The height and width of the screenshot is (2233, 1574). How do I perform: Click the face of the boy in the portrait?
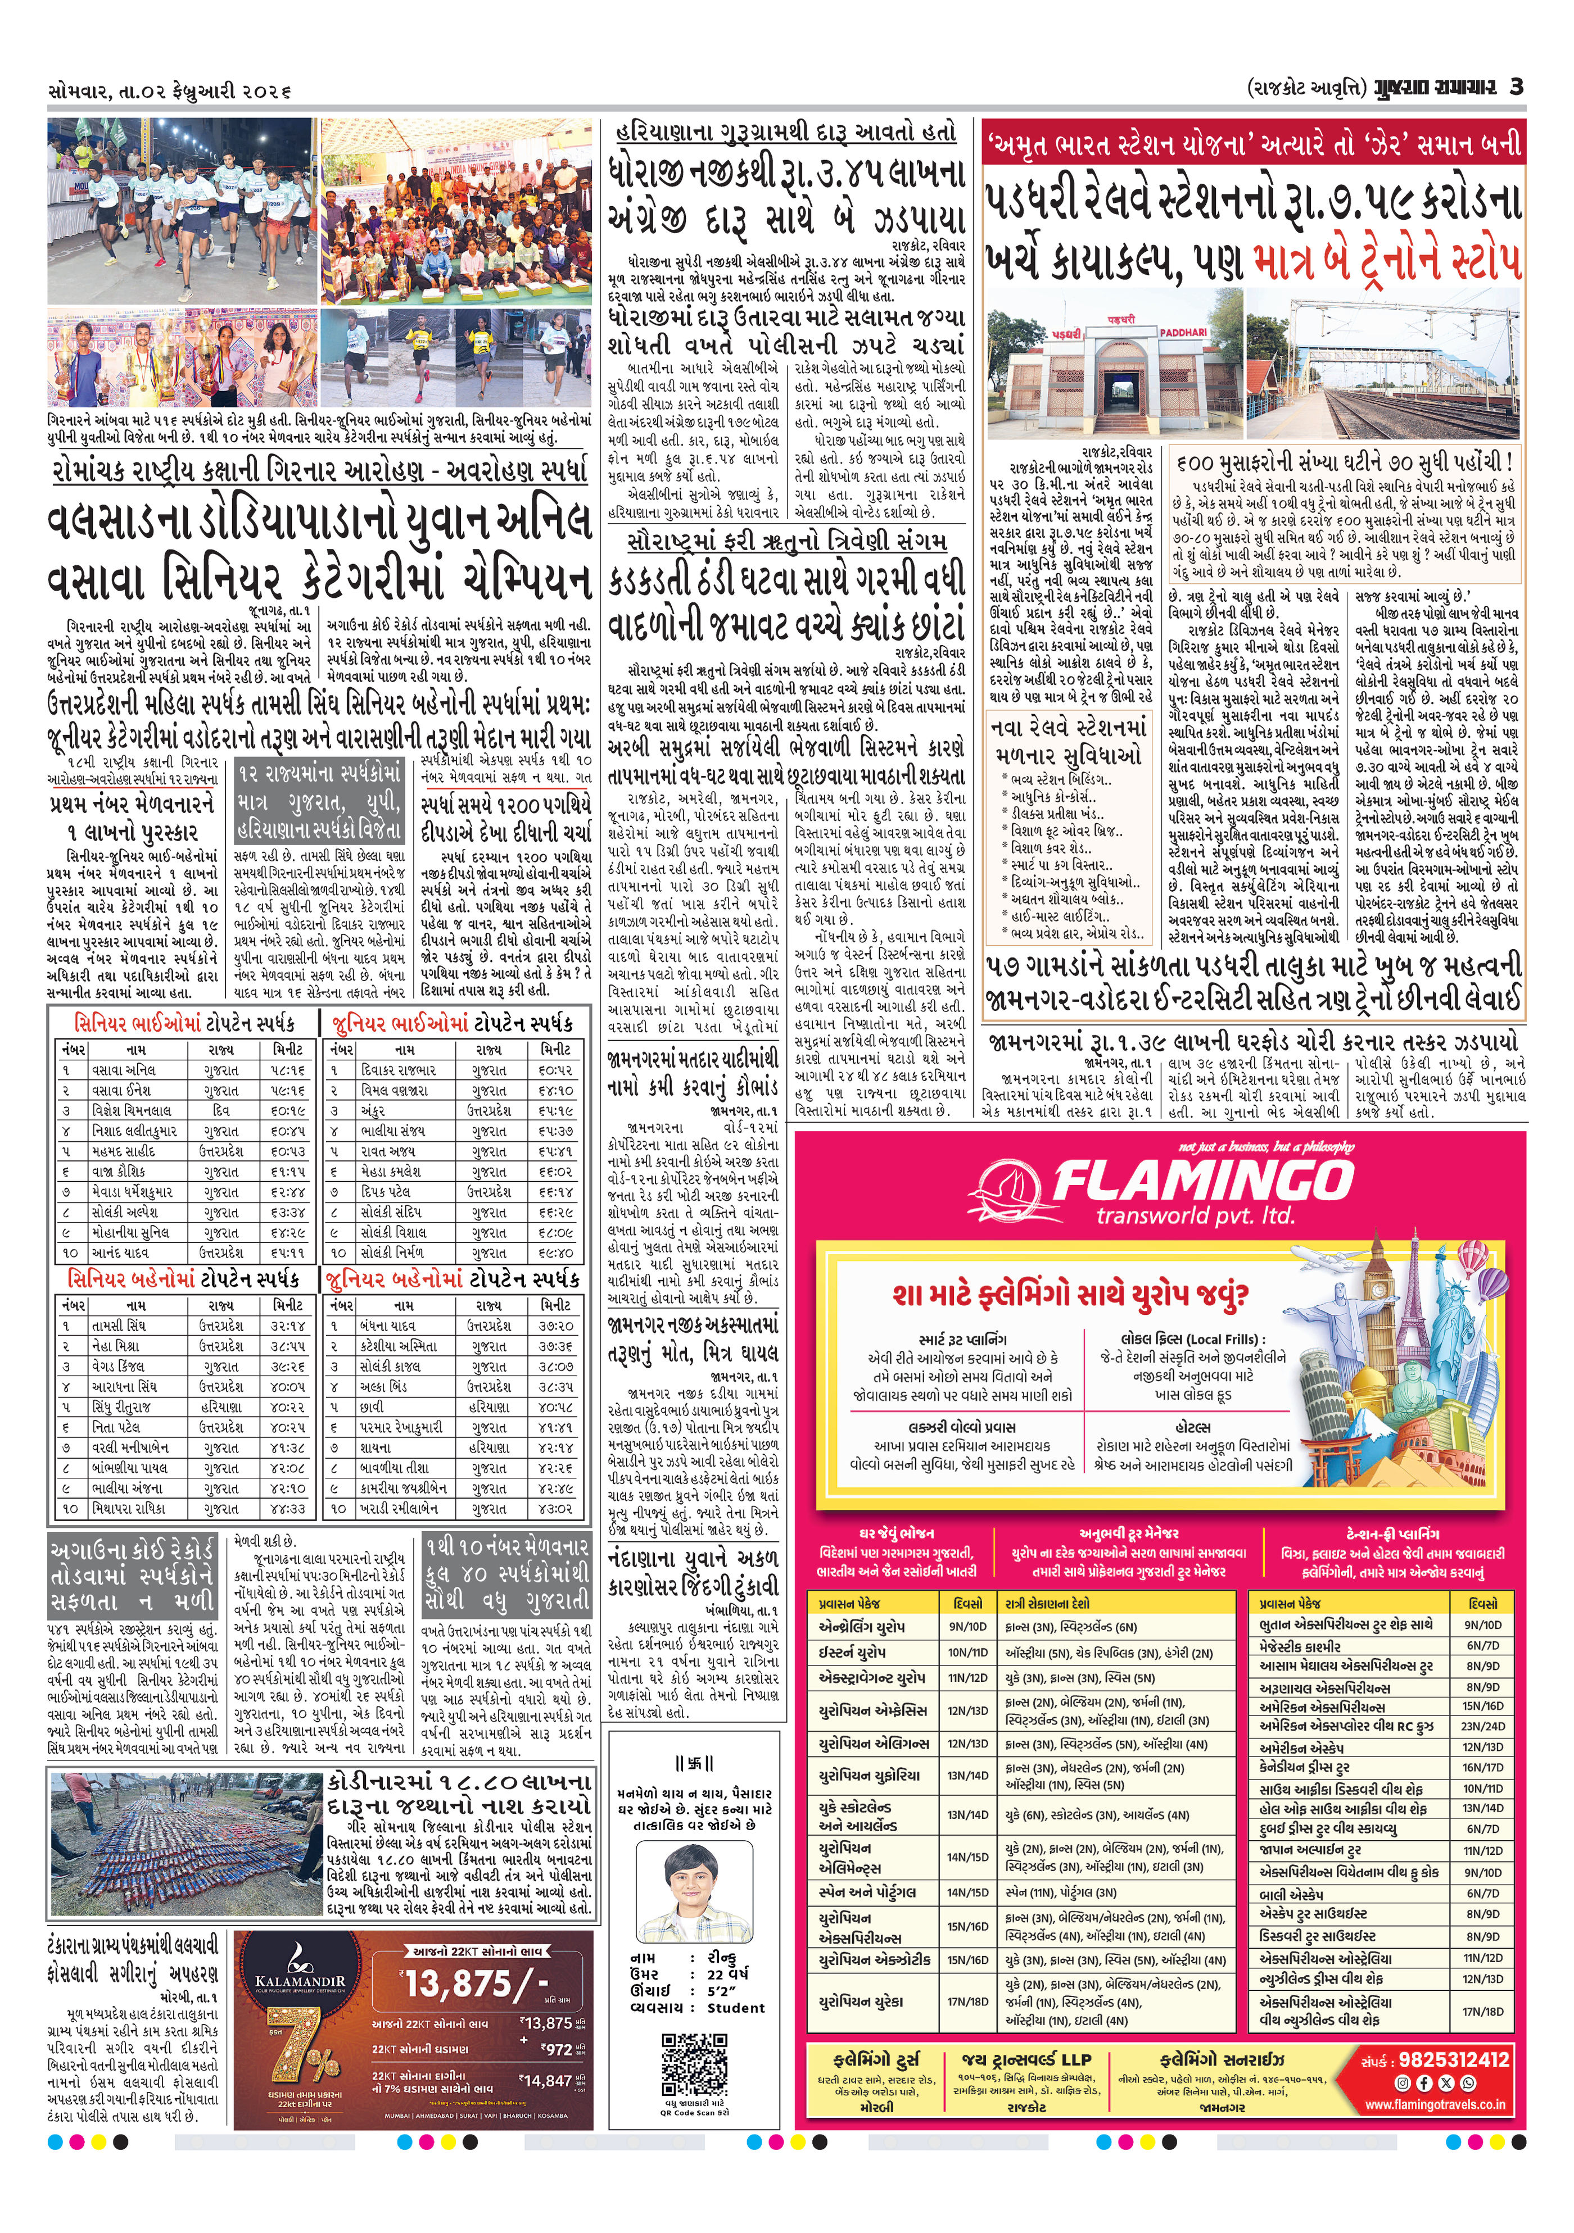[694, 1877]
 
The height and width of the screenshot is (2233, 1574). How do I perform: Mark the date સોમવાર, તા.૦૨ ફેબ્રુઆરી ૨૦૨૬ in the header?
[170, 90]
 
